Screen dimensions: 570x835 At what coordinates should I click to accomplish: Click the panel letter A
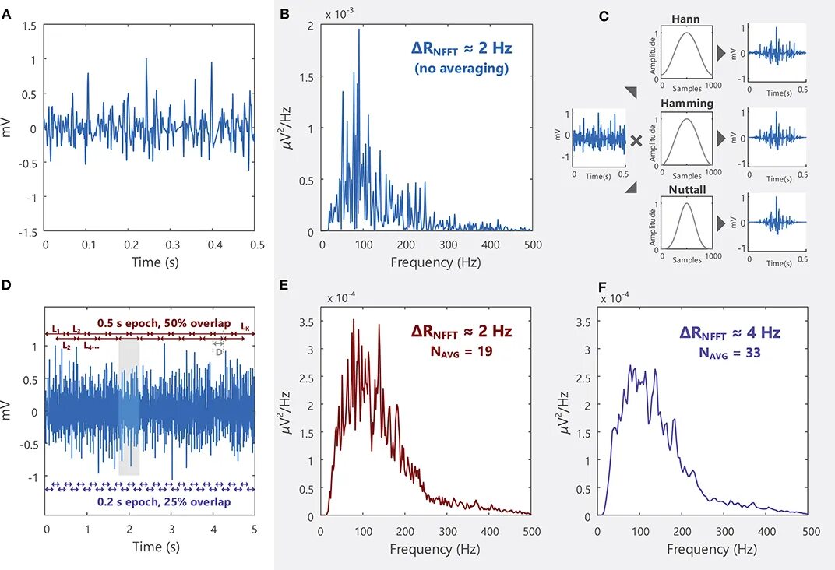tap(7, 15)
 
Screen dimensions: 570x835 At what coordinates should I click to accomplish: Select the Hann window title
tap(685, 17)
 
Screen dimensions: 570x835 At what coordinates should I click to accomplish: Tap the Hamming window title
tap(686, 104)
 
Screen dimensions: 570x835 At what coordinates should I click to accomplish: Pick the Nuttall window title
tap(686, 190)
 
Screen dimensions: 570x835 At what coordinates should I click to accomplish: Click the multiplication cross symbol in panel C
tap(636, 141)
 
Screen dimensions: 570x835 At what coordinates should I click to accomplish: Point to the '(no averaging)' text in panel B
tap(461, 69)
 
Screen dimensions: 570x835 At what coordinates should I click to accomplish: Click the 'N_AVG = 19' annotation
tap(462, 352)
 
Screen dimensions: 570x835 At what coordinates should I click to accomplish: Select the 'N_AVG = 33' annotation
tap(730, 352)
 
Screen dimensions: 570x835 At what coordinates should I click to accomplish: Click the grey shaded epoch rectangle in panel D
tap(129, 408)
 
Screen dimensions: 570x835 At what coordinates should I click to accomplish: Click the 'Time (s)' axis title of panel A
tap(150, 262)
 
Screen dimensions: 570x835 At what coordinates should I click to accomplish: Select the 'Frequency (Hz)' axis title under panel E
tap(427, 550)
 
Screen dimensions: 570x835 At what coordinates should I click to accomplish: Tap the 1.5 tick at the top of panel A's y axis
tap(29, 26)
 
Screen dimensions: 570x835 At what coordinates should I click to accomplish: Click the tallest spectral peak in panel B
tap(359, 30)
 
